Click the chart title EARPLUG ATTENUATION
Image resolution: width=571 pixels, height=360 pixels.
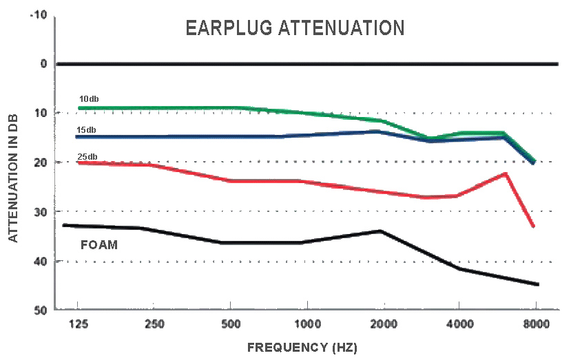point(294,28)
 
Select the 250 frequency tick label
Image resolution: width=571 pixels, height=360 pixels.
point(154,324)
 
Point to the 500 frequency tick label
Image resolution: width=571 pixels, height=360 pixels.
point(231,324)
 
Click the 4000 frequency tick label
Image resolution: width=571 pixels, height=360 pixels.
point(459,324)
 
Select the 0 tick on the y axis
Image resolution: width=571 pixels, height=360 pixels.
point(43,64)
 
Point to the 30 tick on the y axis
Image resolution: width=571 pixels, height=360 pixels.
point(40,211)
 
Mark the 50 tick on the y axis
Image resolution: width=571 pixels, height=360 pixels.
point(40,310)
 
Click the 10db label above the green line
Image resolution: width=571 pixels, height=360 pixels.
point(89,99)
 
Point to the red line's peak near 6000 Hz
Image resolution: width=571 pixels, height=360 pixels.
point(506,173)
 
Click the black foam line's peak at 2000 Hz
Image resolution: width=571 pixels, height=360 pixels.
point(381,231)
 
